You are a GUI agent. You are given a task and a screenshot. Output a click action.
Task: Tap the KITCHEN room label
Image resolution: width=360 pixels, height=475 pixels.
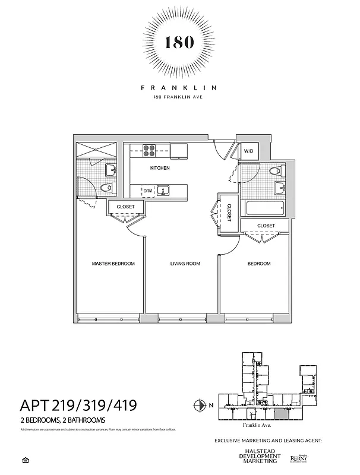tap(160, 168)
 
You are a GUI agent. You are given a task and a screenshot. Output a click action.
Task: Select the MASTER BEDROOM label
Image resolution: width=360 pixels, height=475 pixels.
tap(113, 263)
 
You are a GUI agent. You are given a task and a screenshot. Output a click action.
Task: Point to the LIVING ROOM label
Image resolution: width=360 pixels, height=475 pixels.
tap(185, 263)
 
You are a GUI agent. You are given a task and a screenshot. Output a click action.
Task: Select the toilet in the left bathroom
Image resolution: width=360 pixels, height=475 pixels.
tap(106, 189)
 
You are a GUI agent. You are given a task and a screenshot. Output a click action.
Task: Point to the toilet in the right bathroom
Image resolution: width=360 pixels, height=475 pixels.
tap(275, 172)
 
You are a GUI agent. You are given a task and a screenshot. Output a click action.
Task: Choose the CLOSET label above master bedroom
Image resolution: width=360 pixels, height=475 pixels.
tap(125, 207)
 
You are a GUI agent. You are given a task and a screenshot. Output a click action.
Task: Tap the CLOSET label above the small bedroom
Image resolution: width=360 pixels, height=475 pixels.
tap(266, 226)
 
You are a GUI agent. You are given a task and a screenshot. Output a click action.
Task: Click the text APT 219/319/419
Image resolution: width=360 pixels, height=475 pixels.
tap(79, 406)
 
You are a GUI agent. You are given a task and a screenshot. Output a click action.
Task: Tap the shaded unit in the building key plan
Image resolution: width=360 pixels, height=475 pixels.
tap(279, 414)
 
